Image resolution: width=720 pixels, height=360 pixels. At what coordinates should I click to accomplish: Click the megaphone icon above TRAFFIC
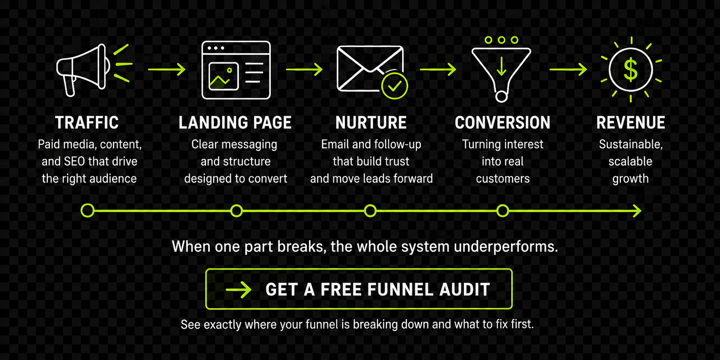click(x=83, y=70)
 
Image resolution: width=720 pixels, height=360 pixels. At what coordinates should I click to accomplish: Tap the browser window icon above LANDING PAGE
click(x=236, y=70)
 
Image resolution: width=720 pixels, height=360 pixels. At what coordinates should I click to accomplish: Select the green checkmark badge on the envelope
click(x=394, y=86)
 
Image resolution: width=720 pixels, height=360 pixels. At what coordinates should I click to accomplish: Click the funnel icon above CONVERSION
click(x=501, y=71)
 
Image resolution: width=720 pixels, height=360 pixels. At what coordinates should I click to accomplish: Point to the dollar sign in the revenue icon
click(x=630, y=70)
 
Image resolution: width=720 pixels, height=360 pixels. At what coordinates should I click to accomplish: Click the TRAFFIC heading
click(x=87, y=123)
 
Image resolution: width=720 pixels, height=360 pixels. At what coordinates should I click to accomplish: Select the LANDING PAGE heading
click(x=235, y=123)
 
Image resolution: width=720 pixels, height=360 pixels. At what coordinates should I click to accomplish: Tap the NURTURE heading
click(x=371, y=123)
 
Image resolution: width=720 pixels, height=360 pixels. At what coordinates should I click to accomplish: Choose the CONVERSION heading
click(x=502, y=123)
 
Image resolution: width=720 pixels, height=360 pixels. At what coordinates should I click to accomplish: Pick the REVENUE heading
click(x=630, y=123)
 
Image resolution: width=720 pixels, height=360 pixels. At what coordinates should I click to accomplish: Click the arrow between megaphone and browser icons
click(x=166, y=69)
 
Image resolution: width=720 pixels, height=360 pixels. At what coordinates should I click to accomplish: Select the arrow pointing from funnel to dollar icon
click(x=568, y=69)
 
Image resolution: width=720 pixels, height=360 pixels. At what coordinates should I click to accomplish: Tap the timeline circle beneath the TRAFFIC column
click(x=87, y=211)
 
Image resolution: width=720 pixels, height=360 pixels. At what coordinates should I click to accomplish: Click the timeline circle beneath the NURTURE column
click(x=370, y=211)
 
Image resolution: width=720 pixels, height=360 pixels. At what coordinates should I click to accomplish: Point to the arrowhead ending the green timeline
click(x=637, y=211)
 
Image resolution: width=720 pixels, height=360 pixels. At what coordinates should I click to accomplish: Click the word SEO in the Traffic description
click(x=74, y=162)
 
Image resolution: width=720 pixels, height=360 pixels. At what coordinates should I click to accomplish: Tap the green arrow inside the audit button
click(x=239, y=289)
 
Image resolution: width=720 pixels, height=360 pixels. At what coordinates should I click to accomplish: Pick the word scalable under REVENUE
click(x=630, y=162)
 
